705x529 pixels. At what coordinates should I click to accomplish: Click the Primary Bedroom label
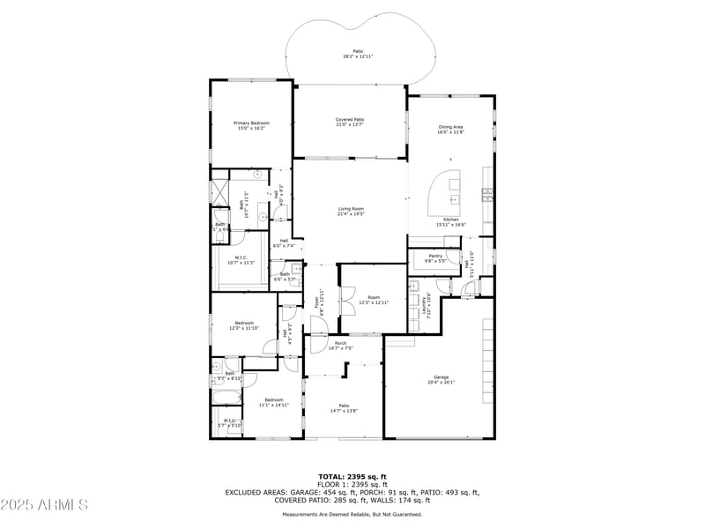251,123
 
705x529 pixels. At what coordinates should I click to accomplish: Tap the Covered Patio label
350,119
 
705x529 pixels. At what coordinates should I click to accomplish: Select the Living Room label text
351,208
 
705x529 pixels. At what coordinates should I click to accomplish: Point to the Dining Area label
450,127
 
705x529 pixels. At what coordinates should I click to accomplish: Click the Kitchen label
450,219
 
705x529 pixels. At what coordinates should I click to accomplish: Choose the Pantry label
435,256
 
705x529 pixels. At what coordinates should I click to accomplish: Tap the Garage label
441,376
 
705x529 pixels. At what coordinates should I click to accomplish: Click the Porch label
340,343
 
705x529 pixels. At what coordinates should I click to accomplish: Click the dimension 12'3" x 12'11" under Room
374,302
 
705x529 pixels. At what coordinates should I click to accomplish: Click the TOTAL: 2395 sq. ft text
352,476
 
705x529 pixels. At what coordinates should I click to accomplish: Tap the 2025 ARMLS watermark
44,505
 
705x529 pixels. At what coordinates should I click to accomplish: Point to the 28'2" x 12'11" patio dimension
358,56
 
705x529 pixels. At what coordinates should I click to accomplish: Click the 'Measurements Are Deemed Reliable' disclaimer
352,514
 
